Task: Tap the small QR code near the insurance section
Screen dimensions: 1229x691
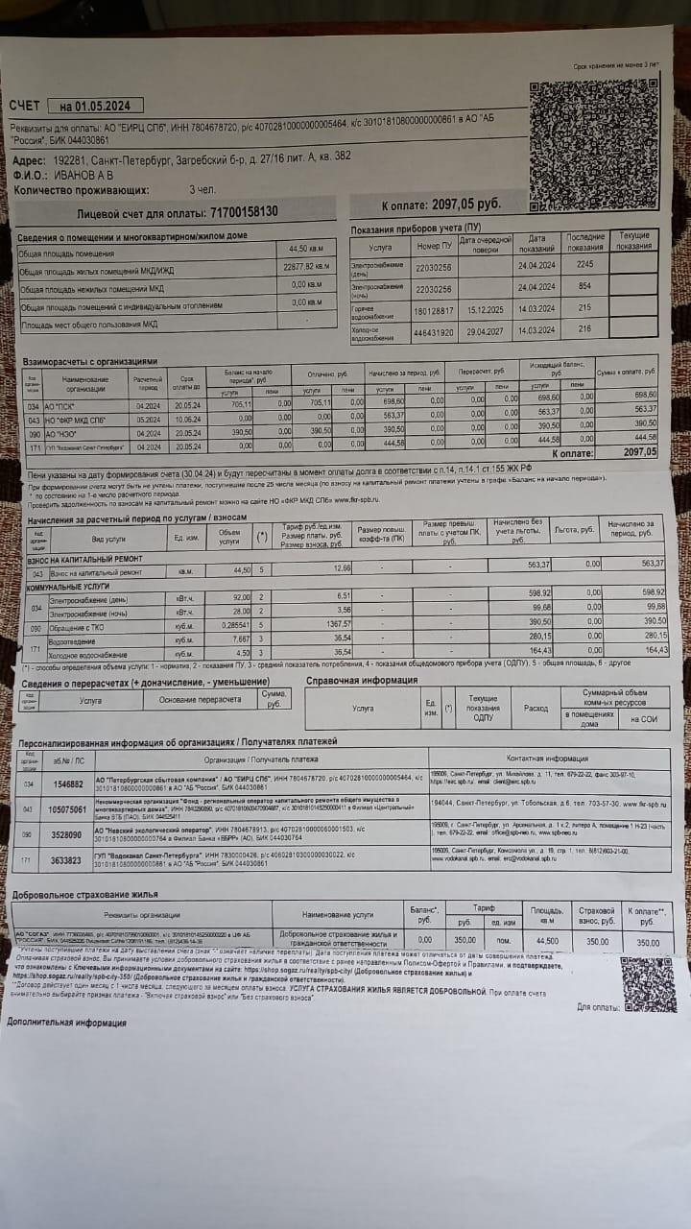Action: (x=648, y=983)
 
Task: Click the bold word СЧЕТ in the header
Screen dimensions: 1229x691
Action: (x=25, y=106)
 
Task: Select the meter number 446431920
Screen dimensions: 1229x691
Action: (x=432, y=332)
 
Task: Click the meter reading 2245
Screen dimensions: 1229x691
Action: (x=585, y=264)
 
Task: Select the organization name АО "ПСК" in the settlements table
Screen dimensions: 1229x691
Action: (x=61, y=406)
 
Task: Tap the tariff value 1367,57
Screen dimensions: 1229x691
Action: (x=337, y=623)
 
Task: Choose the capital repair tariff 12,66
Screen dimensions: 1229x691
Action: (x=342, y=569)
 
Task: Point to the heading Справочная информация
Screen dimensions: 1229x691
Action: (x=361, y=680)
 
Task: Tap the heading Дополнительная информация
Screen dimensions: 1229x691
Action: (x=66, y=1022)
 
